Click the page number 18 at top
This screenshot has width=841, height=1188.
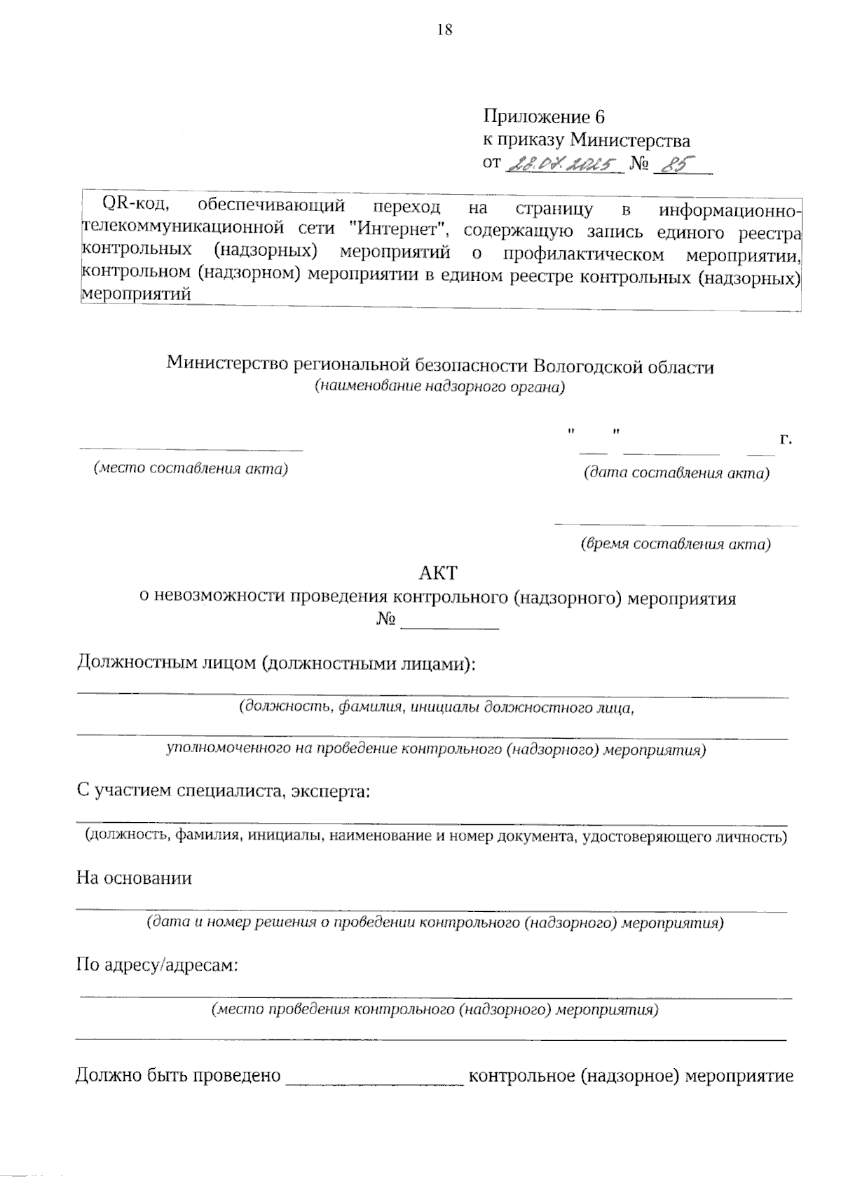[x=444, y=29]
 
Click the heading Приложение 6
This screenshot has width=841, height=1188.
[x=543, y=116]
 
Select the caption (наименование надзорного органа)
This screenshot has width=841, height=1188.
[x=439, y=386]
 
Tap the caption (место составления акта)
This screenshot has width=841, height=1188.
[x=191, y=468]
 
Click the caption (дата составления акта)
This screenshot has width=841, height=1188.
[x=676, y=473]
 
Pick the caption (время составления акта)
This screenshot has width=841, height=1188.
[x=676, y=544]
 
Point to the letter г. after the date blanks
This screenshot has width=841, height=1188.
[x=786, y=439]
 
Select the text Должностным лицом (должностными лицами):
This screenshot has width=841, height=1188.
[x=275, y=663]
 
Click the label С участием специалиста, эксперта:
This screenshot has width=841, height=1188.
[x=223, y=791]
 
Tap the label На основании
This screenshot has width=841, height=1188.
[x=134, y=878]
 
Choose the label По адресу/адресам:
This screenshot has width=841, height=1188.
[x=157, y=966]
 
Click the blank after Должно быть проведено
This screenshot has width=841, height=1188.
[x=374, y=1076]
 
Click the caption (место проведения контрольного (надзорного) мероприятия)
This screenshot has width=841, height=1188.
[x=435, y=1010]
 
